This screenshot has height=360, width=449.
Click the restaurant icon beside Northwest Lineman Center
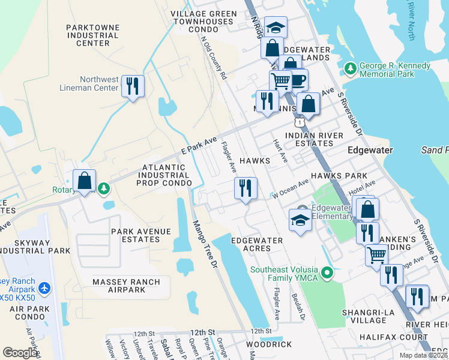click(x=133, y=86)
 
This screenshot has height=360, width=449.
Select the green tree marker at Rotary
click(x=104, y=189)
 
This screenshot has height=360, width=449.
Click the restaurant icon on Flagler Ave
click(x=246, y=188)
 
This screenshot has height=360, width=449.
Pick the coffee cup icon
click(x=298, y=80)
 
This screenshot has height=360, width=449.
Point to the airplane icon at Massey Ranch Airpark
click(x=44, y=289)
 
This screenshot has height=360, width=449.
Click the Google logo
click(x=20, y=352)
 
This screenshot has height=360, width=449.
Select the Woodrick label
click(x=269, y=344)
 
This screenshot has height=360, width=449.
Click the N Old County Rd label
click(x=214, y=59)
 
